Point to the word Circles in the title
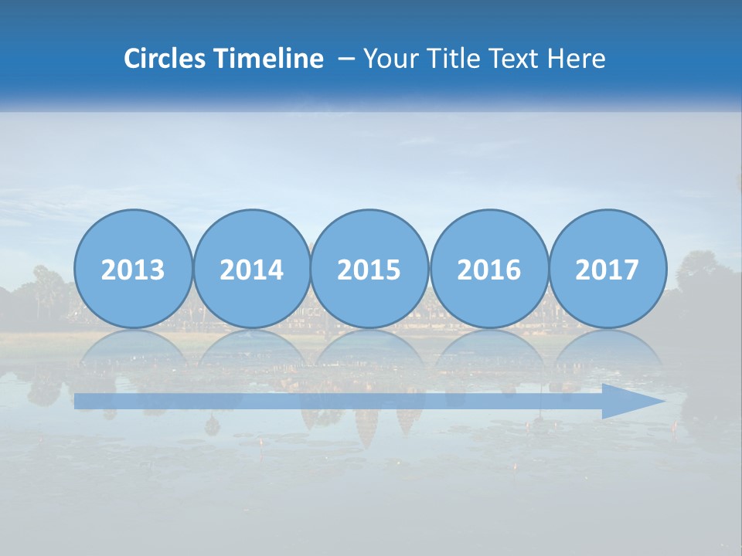[x=165, y=58]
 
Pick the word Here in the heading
[x=577, y=58]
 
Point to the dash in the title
[x=346, y=59]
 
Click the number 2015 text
[x=369, y=270]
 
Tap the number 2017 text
[x=608, y=270]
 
